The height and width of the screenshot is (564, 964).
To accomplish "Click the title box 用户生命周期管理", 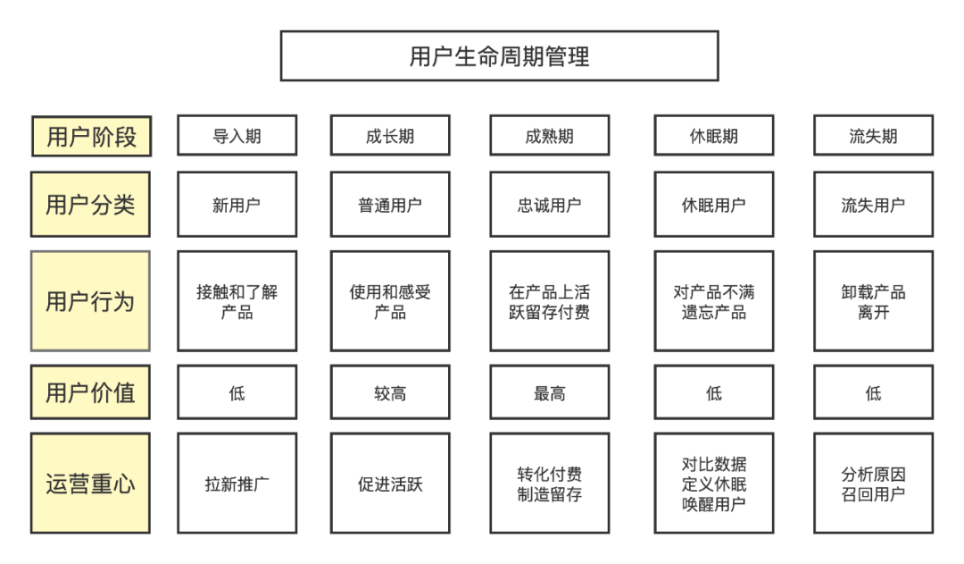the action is click(499, 56).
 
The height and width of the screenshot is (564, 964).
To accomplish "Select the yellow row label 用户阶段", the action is click(90, 137).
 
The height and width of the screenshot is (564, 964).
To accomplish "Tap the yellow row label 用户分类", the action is click(90, 205).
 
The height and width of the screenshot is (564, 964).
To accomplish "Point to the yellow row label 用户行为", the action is click(90, 301).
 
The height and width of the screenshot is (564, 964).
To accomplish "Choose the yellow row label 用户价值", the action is click(90, 392).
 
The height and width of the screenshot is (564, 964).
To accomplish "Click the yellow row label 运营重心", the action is click(90, 484).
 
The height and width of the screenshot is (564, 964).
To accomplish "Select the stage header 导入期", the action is click(237, 137).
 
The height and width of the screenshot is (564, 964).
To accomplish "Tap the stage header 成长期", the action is click(390, 137).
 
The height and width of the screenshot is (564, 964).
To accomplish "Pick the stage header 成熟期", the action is click(549, 137).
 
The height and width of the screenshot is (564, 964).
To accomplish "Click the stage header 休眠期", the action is click(714, 137).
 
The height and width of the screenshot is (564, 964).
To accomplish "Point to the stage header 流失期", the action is click(873, 137).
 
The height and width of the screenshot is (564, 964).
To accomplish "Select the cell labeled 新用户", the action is click(237, 205).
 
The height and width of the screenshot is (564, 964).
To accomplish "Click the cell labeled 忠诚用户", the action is click(549, 205).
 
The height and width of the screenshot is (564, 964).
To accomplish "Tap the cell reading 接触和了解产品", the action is click(237, 301).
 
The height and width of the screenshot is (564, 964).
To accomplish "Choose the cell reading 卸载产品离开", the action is click(873, 301).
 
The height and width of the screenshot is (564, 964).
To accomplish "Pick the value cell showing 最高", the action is click(549, 392).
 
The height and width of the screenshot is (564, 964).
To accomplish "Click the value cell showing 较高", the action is click(390, 392).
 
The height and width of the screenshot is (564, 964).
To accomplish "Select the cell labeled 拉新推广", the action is click(237, 484).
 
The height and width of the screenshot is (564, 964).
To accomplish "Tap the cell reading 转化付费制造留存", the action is click(549, 484).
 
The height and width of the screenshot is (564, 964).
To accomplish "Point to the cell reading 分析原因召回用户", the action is click(873, 484).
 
